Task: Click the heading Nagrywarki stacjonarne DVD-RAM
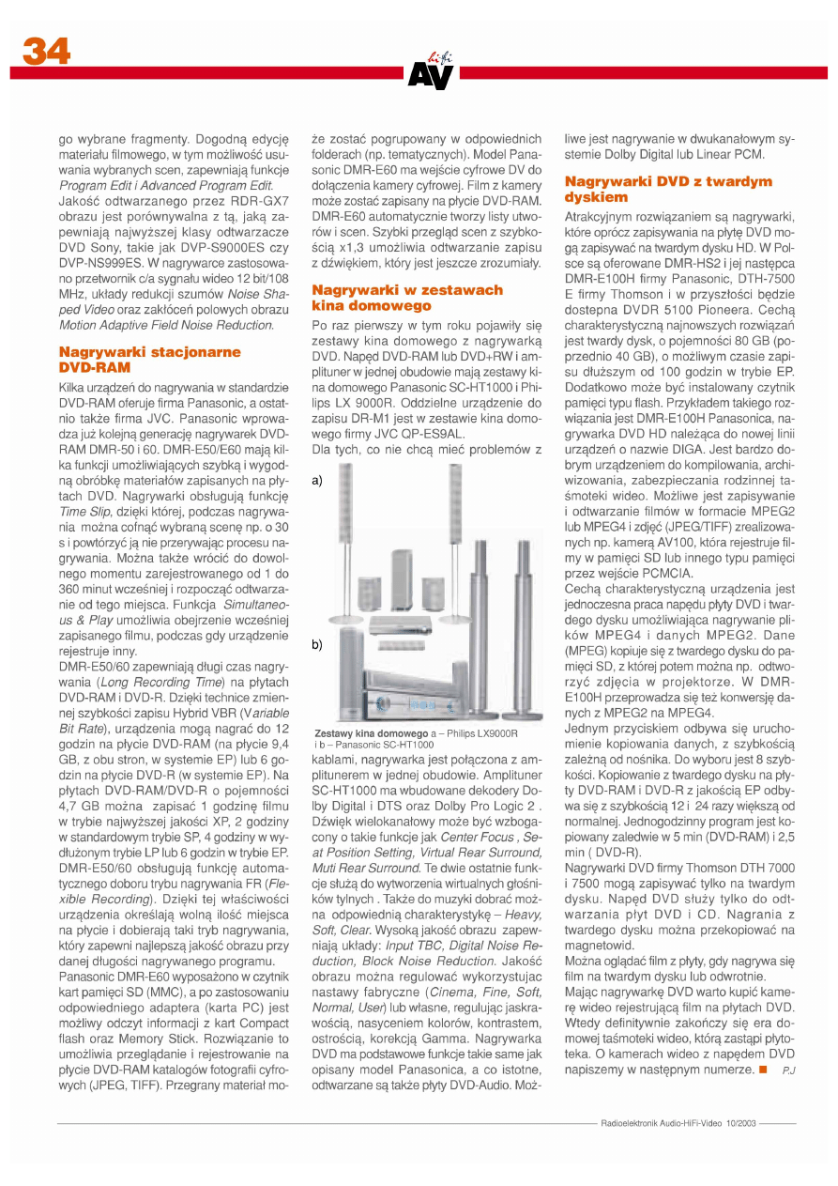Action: click(150, 360)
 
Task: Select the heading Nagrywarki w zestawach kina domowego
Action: click(406, 299)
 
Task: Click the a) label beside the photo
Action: click(318, 480)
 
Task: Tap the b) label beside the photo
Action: click(318, 645)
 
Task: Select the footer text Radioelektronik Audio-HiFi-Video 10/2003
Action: click(678, 1122)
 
